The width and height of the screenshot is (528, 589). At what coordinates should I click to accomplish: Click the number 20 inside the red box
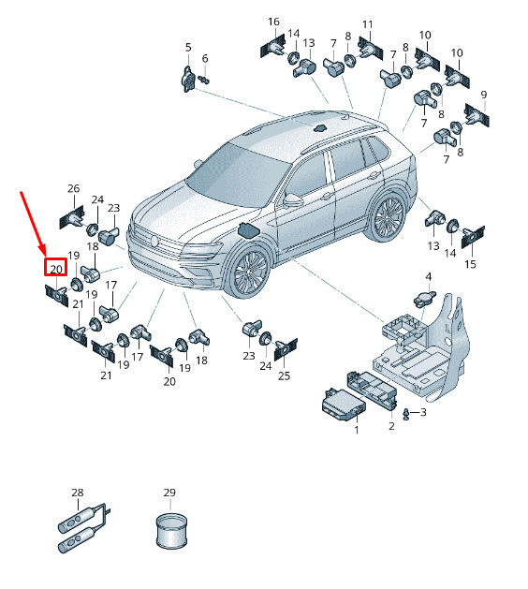pyautogui.click(x=56, y=269)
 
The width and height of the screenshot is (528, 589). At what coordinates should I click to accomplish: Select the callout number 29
pyautogui.click(x=169, y=493)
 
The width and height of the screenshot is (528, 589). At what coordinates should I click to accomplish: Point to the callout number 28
pyautogui.click(x=78, y=493)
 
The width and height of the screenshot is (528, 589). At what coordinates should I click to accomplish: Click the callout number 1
pyautogui.click(x=357, y=430)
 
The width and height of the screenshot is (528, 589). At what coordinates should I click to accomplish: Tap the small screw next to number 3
pyautogui.click(x=405, y=414)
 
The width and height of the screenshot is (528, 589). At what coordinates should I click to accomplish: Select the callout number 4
pyautogui.click(x=429, y=276)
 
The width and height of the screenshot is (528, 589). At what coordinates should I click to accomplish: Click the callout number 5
pyautogui.click(x=188, y=48)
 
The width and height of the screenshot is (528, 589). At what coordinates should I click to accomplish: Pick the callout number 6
pyautogui.click(x=205, y=58)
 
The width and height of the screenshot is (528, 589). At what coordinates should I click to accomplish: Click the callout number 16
pyautogui.click(x=273, y=22)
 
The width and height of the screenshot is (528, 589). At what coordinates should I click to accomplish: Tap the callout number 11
pyautogui.click(x=368, y=24)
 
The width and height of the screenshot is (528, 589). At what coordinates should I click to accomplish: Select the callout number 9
pyautogui.click(x=484, y=95)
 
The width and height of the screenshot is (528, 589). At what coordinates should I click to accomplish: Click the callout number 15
pyautogui.click(x=470, y=264)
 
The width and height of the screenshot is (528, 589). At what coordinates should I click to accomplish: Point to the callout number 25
pyautogui.click(x=284, y=375)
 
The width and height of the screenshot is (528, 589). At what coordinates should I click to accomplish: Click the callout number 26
pyautogui.click(x=74, y=188)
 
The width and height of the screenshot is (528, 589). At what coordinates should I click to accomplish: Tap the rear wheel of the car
pyautogui.click(x=389, y=217)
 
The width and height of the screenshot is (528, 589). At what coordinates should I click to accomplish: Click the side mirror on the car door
pyautogui.click(x=293, y=200)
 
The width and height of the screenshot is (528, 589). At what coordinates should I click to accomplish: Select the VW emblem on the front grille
pyautogui.click(x=154, y=241)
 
